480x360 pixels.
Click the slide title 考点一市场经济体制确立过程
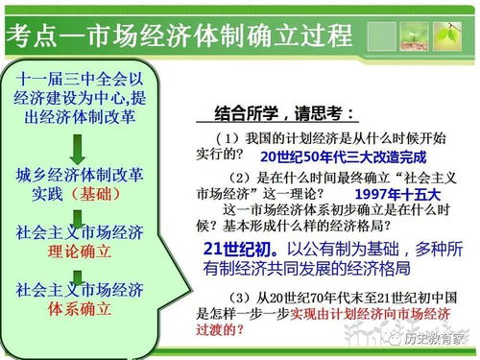[x=179, y=36]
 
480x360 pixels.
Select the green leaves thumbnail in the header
[x=447, y=36]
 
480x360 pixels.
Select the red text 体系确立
[x=74, y=310]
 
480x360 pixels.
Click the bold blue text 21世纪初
[x=235, y=248]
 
